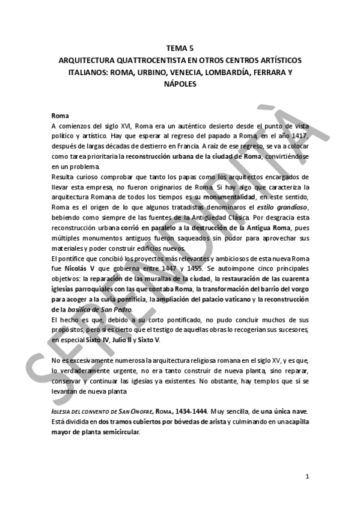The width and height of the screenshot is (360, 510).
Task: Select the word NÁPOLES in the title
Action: (x=180, y=84)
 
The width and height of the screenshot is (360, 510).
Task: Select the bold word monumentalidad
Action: (x=228, y=197)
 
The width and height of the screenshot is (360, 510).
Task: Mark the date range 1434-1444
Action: (x=188, y=411)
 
